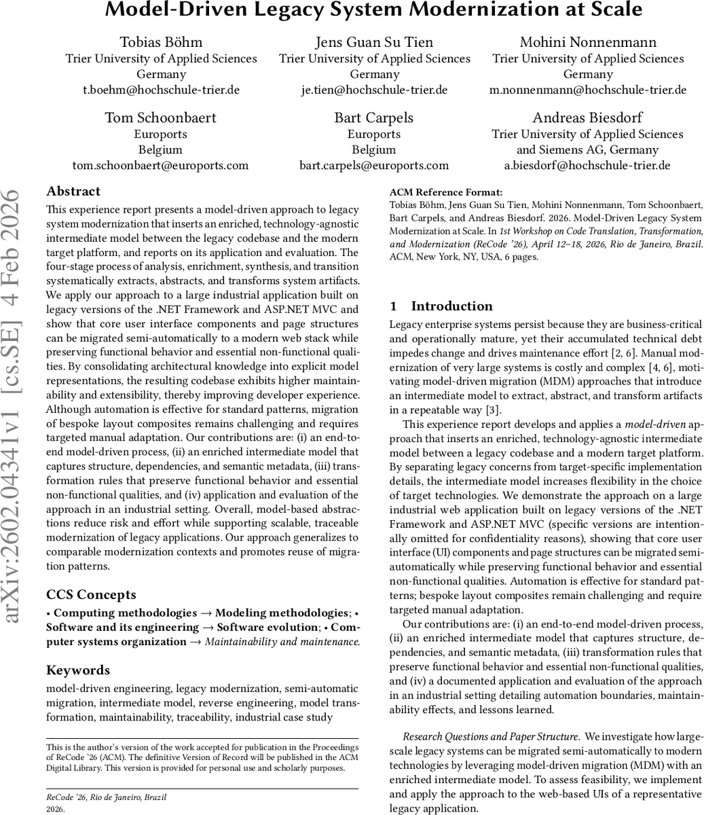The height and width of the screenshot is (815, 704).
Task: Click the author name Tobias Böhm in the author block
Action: [x=161, y=42]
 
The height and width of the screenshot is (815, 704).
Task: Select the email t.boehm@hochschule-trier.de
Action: [x=161, y=90]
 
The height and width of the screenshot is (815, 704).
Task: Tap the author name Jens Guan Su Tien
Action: [x=374, y=42]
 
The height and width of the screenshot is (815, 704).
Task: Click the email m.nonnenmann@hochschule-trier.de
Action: [x=588, y=90]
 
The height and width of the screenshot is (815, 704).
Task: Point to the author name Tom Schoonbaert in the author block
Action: [x=161, y=117]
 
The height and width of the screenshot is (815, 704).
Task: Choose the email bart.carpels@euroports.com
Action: [x=374, y=165]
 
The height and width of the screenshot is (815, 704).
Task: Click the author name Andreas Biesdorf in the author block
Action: [x=588, y=117]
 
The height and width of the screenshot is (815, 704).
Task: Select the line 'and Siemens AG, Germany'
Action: [x=588, y=149]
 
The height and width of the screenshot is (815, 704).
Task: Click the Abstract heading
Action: [x=73, y=192]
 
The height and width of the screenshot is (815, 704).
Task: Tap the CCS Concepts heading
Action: [x=91, y=595]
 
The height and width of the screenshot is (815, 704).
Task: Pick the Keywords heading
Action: [x=78, y=670]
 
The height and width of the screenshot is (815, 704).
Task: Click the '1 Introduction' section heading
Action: [x=441, y=306]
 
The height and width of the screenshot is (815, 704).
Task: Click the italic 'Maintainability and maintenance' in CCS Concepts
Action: [x=282, y=642]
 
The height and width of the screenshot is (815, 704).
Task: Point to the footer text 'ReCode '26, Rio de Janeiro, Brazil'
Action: [x=106, y=797]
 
